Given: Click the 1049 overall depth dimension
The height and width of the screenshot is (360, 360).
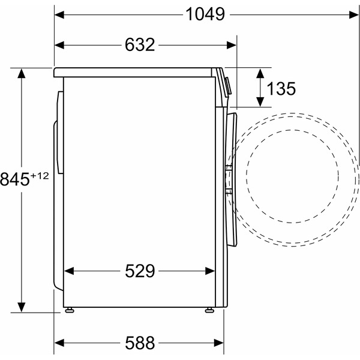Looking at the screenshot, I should (204, 13).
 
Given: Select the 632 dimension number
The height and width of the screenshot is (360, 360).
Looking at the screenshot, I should (140, 44).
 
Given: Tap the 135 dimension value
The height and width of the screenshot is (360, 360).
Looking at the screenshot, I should (281, 89).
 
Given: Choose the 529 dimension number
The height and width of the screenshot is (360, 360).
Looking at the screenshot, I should (140, 271).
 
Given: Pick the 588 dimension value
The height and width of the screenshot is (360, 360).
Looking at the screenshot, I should (140, 343).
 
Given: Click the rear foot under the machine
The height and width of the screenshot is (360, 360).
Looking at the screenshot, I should (71, 310).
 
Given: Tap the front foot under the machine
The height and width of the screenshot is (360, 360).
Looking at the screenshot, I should (209, 310).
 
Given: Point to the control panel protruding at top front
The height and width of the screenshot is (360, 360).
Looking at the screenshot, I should (226, 84).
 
